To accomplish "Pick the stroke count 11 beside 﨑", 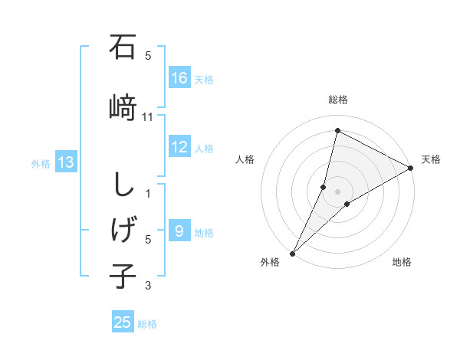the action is pyautogui.click(x=148, y=116).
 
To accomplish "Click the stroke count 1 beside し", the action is pyautogui.click(x=148, y=194).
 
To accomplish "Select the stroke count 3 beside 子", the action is pyautogui.click(x=148, y=286).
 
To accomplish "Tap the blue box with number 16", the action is pyautogui.click(x=179, y=78).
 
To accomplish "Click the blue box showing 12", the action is pyautogui.click(x=179, y=147).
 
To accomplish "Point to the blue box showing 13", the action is pyautogui.click(x=66, y=162).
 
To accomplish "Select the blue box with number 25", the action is pyautogui.click(x=123, y=322).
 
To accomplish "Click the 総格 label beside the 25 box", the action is pyautogui.click(x=147, y=323).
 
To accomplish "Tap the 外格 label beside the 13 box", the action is pyautogui.click(x=41, y=163).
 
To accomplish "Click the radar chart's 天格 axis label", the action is pyautogui.click(x=431, y=159).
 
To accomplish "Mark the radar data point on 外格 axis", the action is pyautogui.click(x=292, y=253).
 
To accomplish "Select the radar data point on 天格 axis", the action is pyautogui.click(x=411, y=169).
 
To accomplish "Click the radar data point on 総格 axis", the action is pyautogui.click(x=337, y=131).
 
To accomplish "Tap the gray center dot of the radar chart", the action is pyautogui.click(x=337, y=191).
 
